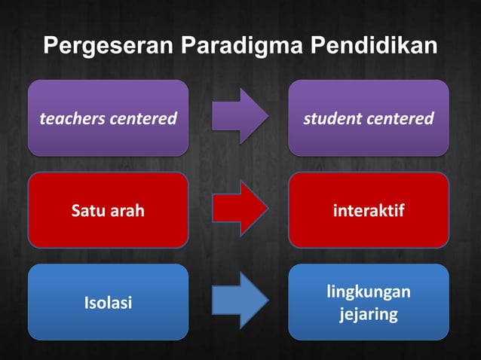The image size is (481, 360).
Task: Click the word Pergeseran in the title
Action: [110, 47]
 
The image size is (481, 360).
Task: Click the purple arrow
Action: [240, 117]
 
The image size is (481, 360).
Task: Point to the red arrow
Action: [240, 209]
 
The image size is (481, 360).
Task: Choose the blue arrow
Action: [240, 301]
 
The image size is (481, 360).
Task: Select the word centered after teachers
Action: [142, 119]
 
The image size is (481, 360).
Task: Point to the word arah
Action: [127, 211]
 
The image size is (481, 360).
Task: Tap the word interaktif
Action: [368, 211]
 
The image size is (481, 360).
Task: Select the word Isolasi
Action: [108, 303]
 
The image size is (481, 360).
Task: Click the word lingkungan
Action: [369, 291]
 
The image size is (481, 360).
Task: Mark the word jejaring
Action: [368, 313]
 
